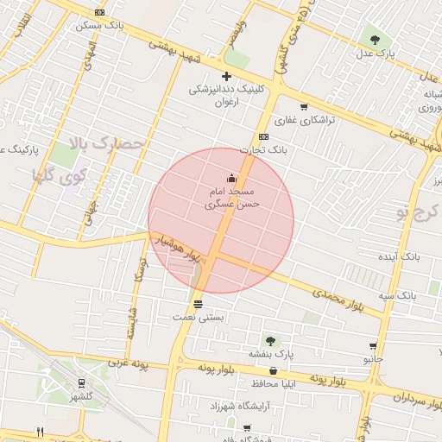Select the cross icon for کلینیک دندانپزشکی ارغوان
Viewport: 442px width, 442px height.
(226, 76)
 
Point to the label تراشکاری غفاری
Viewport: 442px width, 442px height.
(304, 120)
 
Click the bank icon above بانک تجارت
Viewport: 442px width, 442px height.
(263, 136)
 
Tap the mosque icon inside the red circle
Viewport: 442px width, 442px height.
(230, 178)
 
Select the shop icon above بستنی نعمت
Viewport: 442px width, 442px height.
(199, 303)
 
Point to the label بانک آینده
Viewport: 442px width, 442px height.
(399, 257)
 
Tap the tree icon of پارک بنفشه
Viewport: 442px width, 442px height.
(271, 341)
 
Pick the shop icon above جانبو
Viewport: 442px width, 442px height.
(373, 345)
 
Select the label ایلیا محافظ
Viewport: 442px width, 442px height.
(274, 382)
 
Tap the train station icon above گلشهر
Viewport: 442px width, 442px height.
(82, 382)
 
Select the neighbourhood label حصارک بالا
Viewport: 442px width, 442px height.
(107, 144)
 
